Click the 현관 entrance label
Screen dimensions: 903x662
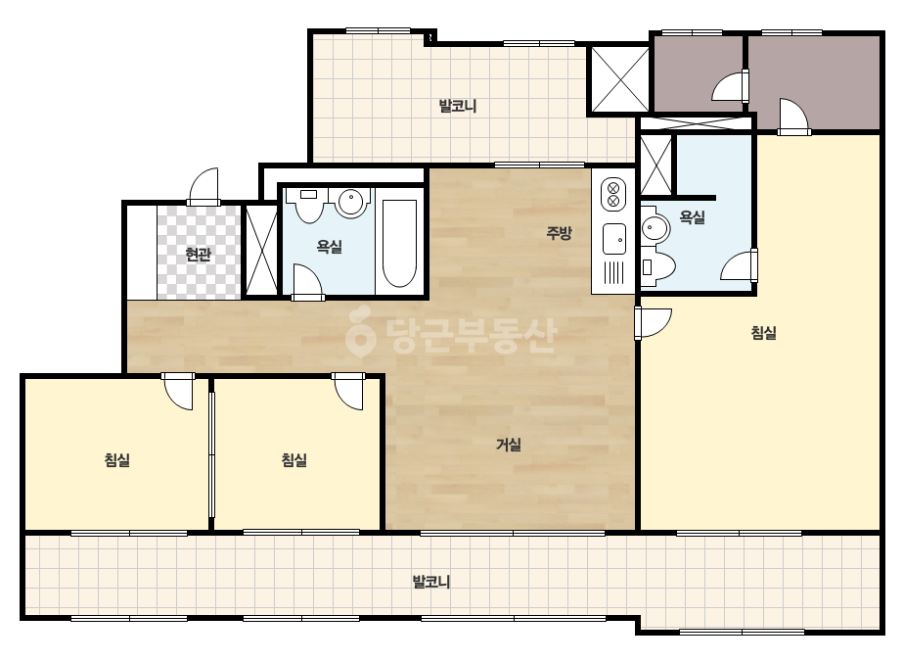pyautogui.click(x=199, y=255)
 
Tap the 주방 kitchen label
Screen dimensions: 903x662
pyautogui.click(x=560, y=233)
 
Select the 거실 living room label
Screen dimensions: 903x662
pyautogui.click(x=509, y=445)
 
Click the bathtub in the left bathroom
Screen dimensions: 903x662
pyautogui.click(x=400, y=243)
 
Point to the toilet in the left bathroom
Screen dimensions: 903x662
pyautogui.click(x=309, y=206)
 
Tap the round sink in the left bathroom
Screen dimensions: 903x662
pyautogui.click(x=351, y=203)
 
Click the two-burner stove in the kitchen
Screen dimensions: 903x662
pyautogui.click(x=613, y=194)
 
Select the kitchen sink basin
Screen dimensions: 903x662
pyautogui.click(x=613, y=239)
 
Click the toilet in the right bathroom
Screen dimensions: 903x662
pyautogui.click(x=657, y=267)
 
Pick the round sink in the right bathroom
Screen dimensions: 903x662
pyautogui.click(x=655, y=228)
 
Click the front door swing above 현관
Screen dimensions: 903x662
pyautogui.click(x=203, y=186)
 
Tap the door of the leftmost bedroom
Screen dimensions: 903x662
pyautogui.click(x=178, y=391)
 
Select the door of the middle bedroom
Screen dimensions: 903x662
pyautogui.click(x=348, y=391)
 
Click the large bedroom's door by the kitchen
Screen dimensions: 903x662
pyautogui.click(x=654, y=323)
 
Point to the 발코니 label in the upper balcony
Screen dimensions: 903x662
pyautogui.click(x=458, y=106)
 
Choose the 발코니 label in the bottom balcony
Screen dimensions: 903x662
pyautogui.click(x=431, y=582)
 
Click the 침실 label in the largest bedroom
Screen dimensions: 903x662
pyautogui.click(x=764, y=333)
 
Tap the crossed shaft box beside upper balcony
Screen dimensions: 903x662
pyautogui.click(x=619, y=79)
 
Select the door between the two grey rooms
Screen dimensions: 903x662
pyautogui.click(x=731, y=86)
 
